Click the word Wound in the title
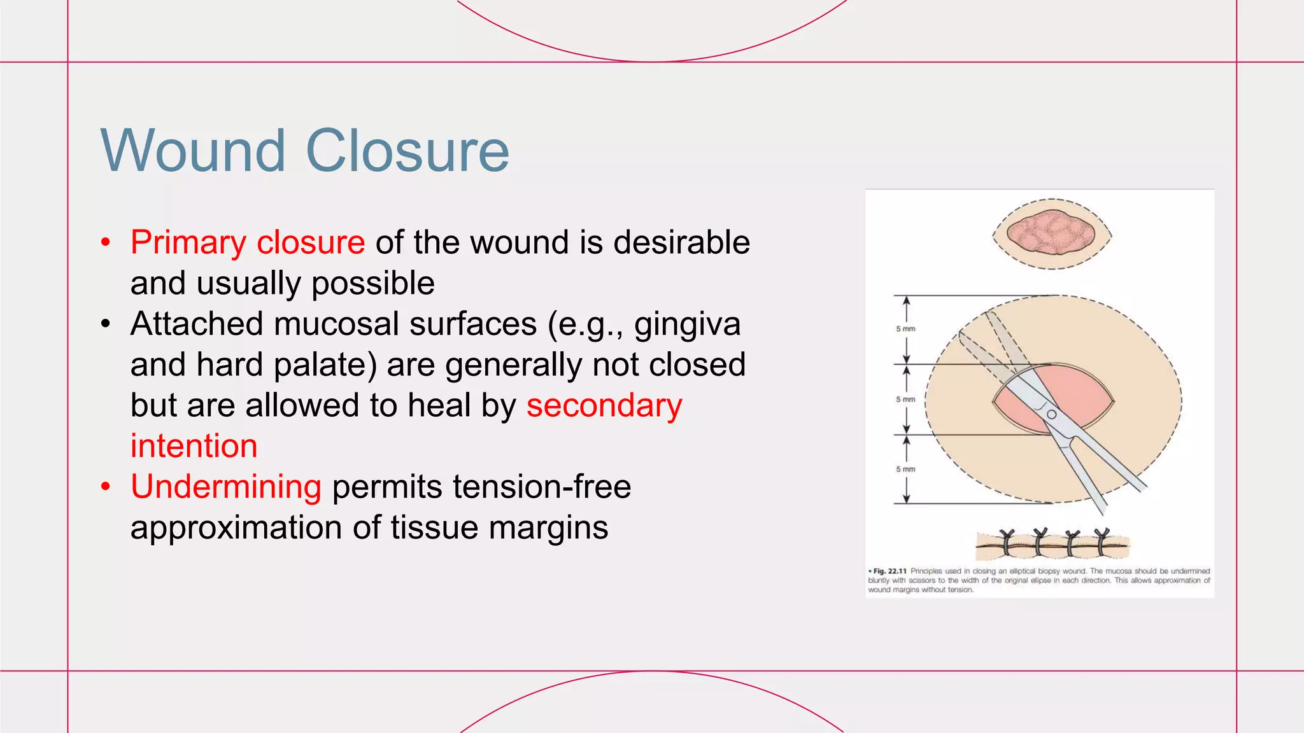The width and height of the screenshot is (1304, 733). [x=193, y=151]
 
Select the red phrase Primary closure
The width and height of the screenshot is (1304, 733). [x=248, y=242]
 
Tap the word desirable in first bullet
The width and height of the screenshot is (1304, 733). [x=681, y=242]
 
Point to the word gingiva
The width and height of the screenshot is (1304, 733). [x=687, y=324]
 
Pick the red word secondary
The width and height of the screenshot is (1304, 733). [x=604, y=405]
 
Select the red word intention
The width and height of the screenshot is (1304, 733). [x=194, y=446]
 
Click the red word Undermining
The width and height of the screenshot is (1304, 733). [x=226, y=487]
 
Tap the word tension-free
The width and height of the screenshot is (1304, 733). [x=542, y=487]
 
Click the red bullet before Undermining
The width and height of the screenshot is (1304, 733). [x=106, y=487]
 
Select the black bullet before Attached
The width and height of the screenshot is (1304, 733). [x=106, y=324]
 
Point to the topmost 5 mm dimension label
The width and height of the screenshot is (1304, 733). [x=905, y=329]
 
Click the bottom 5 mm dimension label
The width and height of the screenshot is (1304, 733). [x=905, y=469]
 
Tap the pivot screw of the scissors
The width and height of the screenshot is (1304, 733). [x=1052, y=414]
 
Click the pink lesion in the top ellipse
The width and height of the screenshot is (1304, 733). [x=1051, y=234]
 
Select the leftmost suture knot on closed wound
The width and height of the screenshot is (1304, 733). [x=1007, y=540]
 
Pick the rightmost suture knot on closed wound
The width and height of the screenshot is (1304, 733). [x=1102, y=540]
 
